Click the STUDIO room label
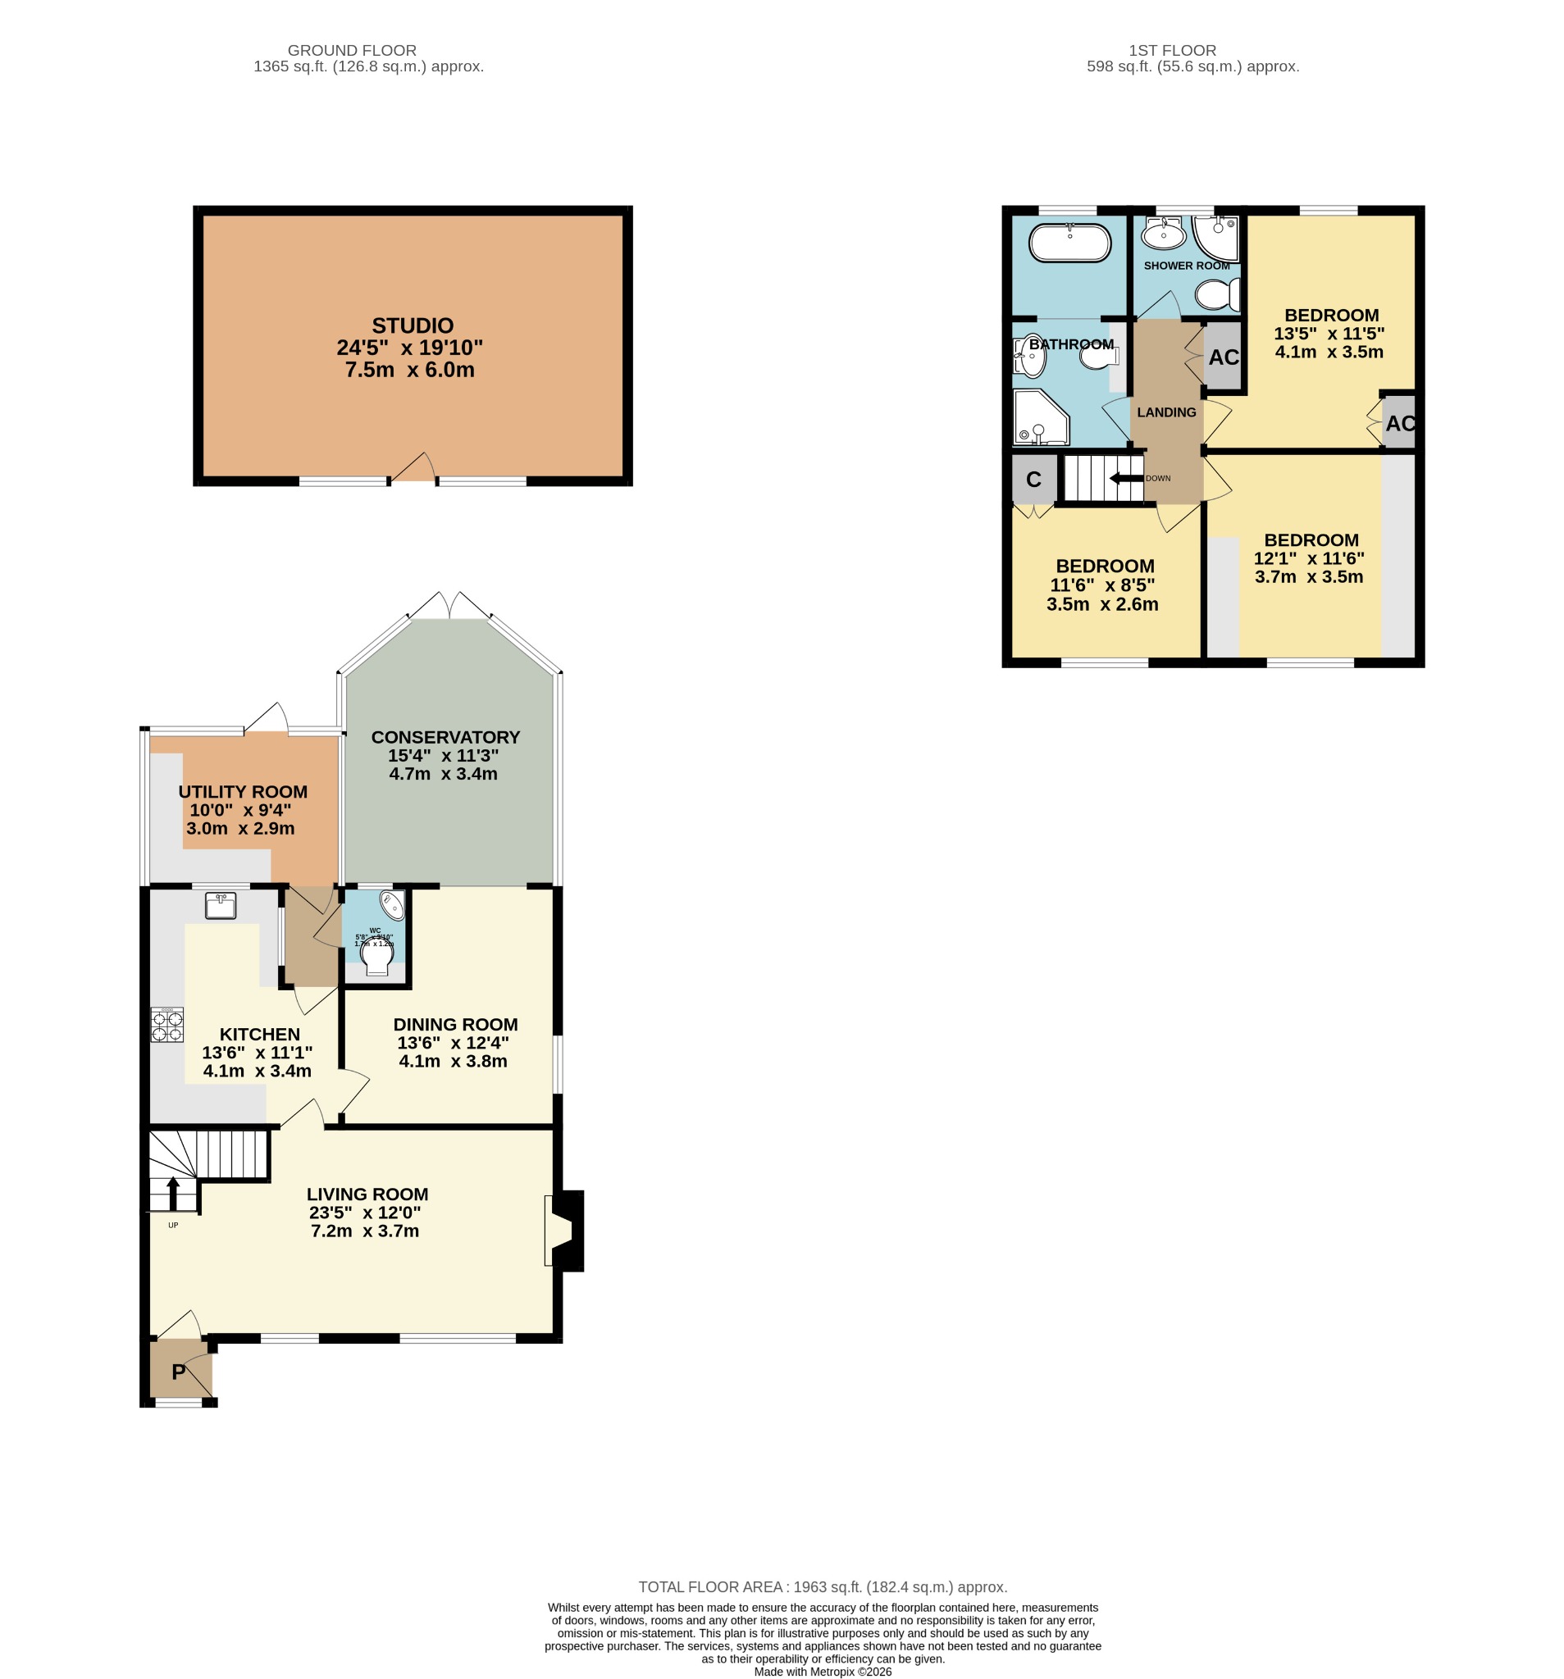click(x=412, y=325)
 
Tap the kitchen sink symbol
click(x=220, y=905)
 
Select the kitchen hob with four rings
click(x=166, y=1026)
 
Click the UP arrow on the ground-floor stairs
click(x=172, y=1194)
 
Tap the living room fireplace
click(x=565, y=1230)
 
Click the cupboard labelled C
click(x=1033, y=480)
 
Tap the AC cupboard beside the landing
click(x=1222, y=357)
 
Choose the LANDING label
click(x=1165, y=412)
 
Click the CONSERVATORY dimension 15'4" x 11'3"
click(x=443, y=755)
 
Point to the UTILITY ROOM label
click(x=243, y=791)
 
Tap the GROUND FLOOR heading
click(x=352, y=51)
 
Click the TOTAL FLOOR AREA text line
click(x=821, y=1587)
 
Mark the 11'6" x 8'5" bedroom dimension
click(x=1101, y=585)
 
